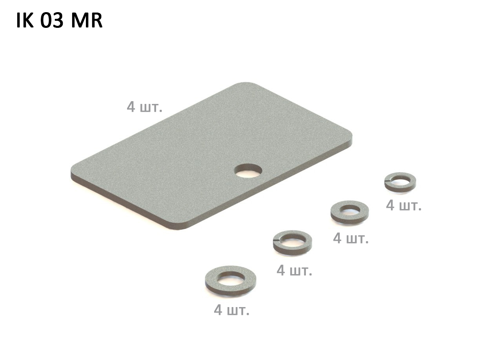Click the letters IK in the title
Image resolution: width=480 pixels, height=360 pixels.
[25, 21]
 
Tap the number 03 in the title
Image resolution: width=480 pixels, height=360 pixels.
[52, 21]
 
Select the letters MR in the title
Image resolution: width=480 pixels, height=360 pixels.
[87, 21]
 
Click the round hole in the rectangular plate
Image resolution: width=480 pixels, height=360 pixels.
[248, 171]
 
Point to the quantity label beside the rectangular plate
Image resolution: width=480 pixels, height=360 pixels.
[145, 107]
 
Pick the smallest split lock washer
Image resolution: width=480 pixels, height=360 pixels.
[400, 182]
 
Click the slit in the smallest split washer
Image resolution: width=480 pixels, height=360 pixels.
[387, 180]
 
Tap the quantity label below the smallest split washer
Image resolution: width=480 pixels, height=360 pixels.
[404, 205]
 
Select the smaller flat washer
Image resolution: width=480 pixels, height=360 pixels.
[350, 212]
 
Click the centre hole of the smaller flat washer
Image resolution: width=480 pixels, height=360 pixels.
[350, 209]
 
